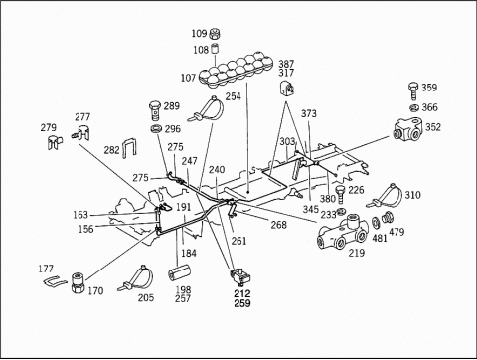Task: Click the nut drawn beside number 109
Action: tap(215, 33)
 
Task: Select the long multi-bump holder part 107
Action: tap(236, 70)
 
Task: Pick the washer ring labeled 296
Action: tap(155, 128)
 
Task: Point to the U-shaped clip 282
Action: tap(129, 148)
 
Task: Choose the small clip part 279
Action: tap(53, 141)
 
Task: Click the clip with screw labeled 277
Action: tap(82, 132)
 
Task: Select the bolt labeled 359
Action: tap(413, 90)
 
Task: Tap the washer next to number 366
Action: tap(413, 108)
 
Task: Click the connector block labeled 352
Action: tap(408, 129)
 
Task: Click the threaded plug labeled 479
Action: tap(387, 218)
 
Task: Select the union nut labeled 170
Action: tap(79, 282)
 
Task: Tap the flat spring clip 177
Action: tap(55, 281)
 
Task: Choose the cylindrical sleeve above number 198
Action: tap(178, 271)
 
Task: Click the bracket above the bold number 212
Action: tap(239, 277)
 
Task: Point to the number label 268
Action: tap(278, 225)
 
